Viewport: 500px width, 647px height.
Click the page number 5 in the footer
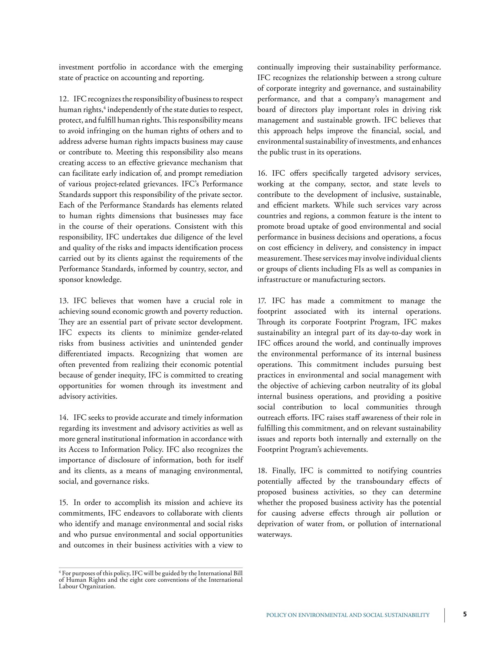[465, 614]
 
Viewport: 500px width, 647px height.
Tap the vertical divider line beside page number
[445, 615]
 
